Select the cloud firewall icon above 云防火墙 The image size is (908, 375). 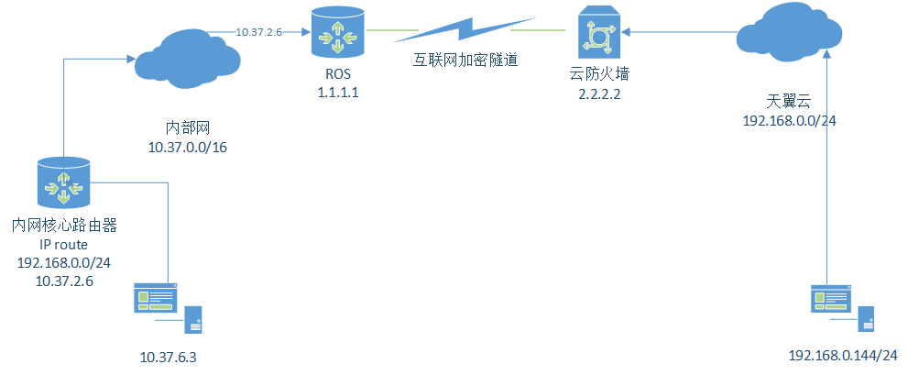point(600,33)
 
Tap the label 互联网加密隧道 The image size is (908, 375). point(464,61)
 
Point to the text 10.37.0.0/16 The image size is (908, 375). point(187,147)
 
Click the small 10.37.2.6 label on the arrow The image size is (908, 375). point(259,32)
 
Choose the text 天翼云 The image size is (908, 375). point(789,100)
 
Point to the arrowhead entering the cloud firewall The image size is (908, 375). point(631,32)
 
